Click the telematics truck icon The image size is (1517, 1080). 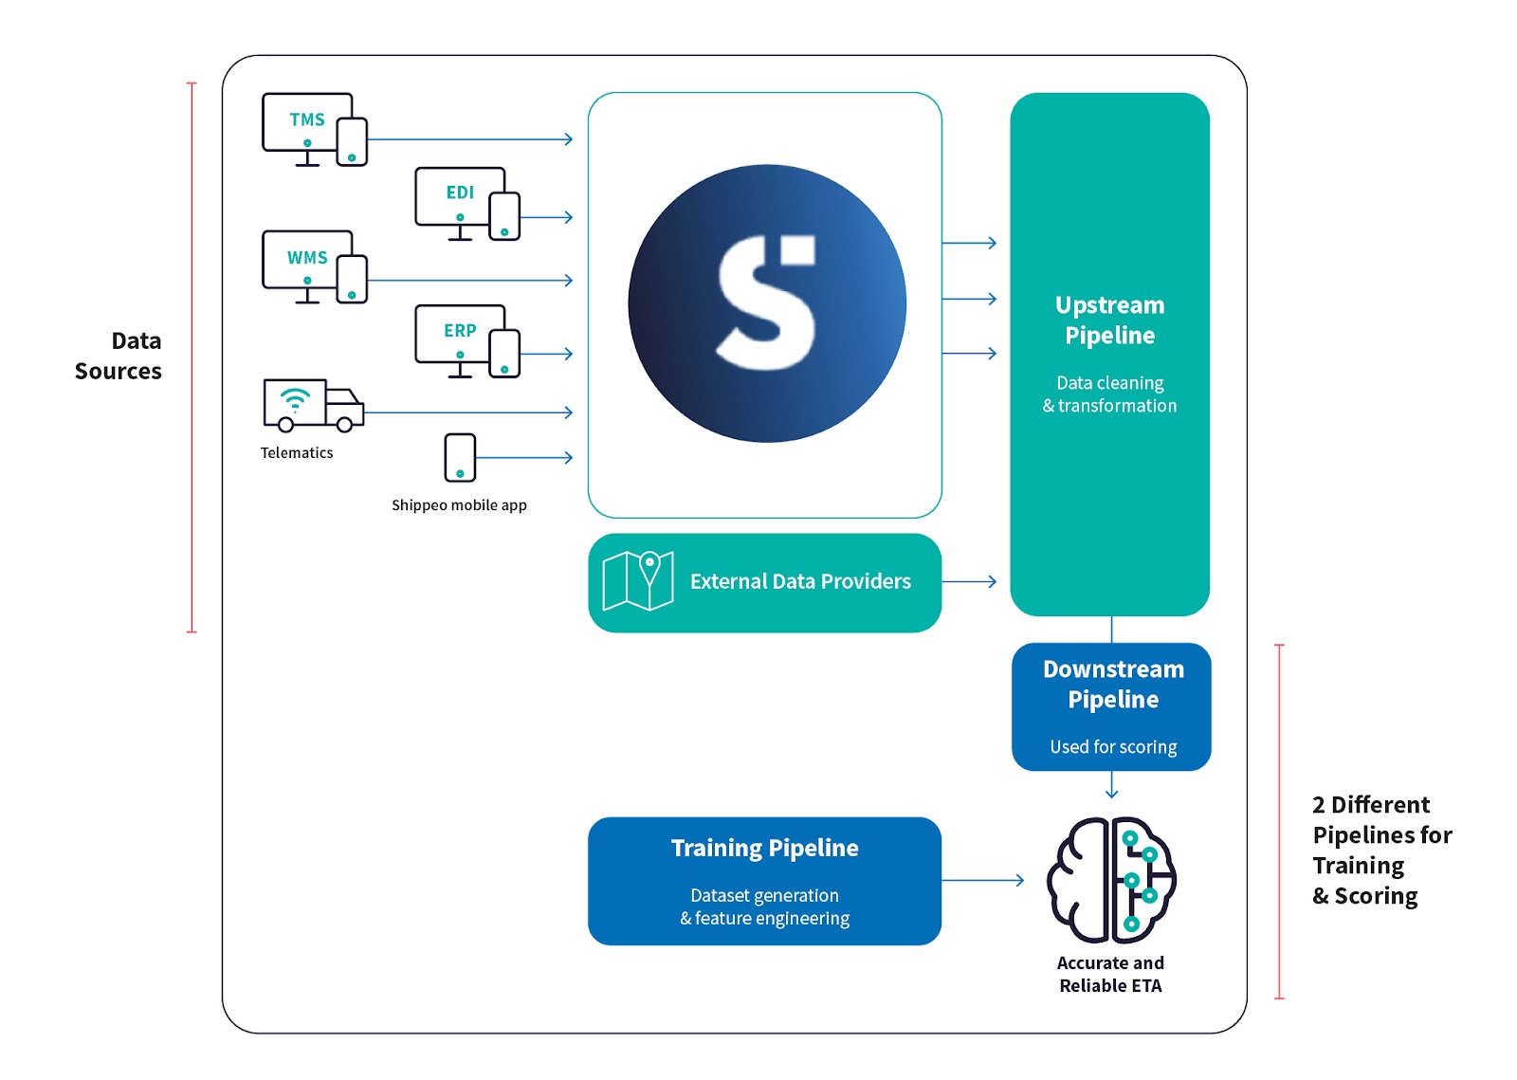click(x=313, y=405)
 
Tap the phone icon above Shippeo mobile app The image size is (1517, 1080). click(x=460, y=457)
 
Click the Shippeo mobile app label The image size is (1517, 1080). click(x=459, y=505)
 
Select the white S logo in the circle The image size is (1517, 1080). click(x=766, y=303)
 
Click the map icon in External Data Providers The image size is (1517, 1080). click(x=638, y=580)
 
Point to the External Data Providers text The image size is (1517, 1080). click(x=800, y=581)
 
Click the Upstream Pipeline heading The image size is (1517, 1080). click(x=1109, y=320)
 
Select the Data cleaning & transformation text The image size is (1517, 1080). click(x=1109, y=394)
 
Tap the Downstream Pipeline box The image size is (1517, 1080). click(x=1111, y=706)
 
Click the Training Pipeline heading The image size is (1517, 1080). click(x=764, y=848)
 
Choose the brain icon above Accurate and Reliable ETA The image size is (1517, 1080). click(x=1111, y=880)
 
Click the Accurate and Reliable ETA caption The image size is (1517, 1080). click(x=1110, y=974)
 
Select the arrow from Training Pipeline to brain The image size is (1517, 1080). click(x=982, y=880)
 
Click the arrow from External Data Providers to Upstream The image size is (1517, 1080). click(x=969, y=581)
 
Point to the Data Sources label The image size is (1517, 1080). click(x=119, y=356)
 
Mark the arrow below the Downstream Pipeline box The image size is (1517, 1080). click(x=1111, y=786)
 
